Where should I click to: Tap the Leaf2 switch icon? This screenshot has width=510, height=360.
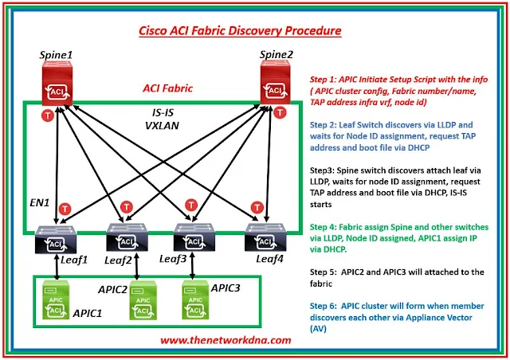click(x=125, y=236)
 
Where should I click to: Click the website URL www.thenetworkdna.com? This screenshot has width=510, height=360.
click(x=226, y=339)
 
